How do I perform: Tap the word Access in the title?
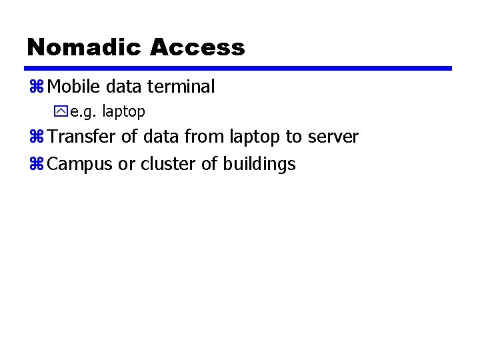coord(197,47)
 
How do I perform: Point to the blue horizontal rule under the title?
coord(238,68)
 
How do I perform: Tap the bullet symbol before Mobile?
coord(36,87)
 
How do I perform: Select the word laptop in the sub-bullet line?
coord(123,112)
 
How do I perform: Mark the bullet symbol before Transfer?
coord(36,137)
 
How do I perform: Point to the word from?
coord(205,137)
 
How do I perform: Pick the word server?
coord(333,138)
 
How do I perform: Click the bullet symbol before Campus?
coord(36,164)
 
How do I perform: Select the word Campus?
coord(80,165)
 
